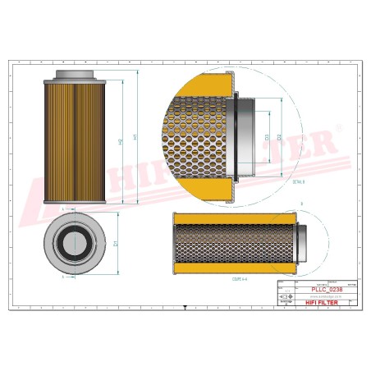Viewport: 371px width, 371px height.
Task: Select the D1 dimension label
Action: [117, 244]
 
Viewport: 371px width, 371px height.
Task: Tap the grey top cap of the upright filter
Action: [76, 76]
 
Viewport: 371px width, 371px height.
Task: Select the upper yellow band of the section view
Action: [229, 217]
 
